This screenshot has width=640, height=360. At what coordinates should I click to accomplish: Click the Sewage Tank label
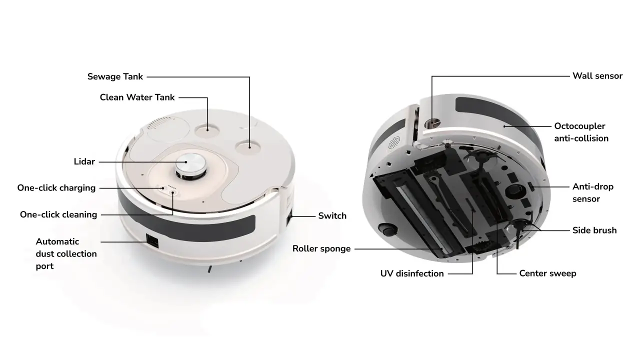click(x=115, y=76)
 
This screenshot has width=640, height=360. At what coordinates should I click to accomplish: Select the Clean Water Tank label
click(x=137, y=97)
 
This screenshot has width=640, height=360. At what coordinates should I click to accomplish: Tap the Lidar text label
click(x=84, y=161)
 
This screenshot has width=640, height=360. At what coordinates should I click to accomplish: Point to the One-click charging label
click(x=56, y=188)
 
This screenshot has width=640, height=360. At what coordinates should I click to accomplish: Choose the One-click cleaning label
click(x=58, y=214)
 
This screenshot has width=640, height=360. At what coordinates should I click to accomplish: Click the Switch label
click(x=332, y=215)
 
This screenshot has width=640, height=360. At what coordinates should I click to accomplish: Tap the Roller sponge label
click(x=321, y=248)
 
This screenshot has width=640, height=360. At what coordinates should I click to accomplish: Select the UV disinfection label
click(x=412, y=273)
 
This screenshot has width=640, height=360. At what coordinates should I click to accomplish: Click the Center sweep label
click(x=547, y=273)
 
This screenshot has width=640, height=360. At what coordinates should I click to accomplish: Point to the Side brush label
click(x=594, y=230)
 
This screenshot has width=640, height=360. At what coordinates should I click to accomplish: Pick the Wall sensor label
click(x=597, y=76)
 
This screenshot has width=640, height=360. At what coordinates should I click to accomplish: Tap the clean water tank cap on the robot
click(x=207, y=130)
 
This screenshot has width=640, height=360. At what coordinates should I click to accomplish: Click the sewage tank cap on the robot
click(x=248, y=147)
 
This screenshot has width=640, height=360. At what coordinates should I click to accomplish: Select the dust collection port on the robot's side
click(x=152, y=241)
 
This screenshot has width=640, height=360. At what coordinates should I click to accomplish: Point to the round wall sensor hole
click(x=432, y=124)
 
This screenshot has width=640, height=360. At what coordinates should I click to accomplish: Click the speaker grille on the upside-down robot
click(x=394, y=143)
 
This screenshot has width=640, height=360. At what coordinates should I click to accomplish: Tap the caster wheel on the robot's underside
click(x=387, y=229)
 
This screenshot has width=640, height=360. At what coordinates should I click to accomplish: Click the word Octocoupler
click(x=579, y=126)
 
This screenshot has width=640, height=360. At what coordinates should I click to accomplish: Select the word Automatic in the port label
click(x=57, y=241)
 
